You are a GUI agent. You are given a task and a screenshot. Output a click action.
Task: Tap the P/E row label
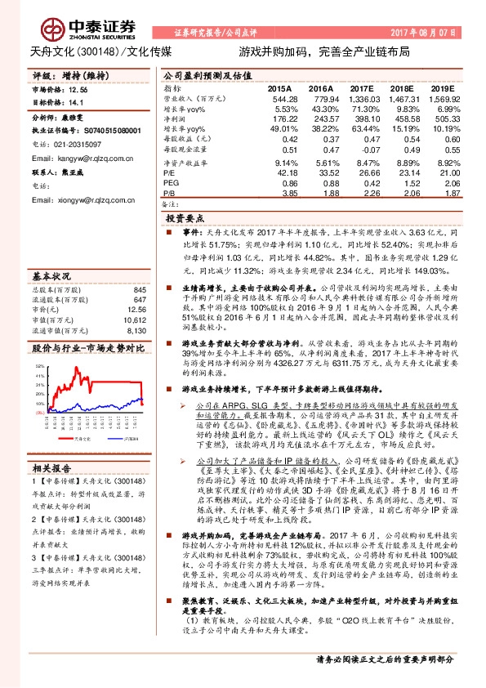tap(169, 173)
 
